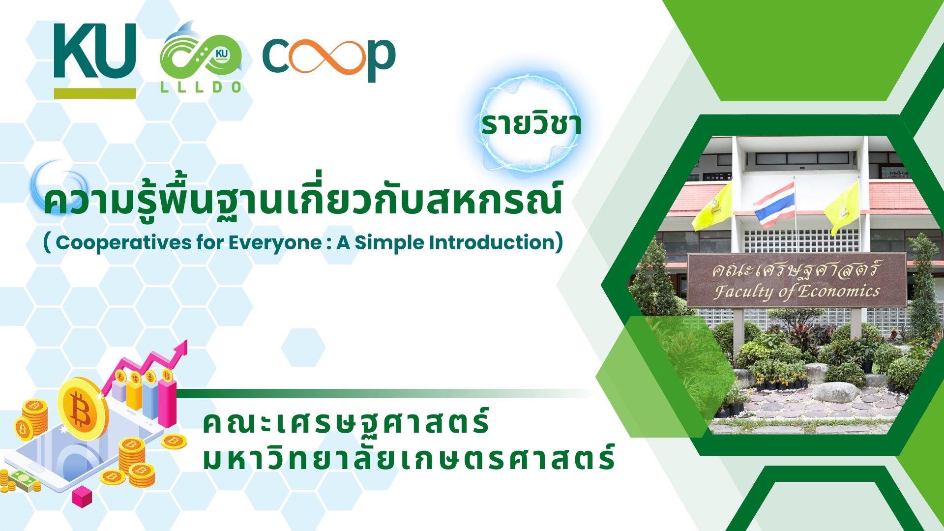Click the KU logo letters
point(94,52)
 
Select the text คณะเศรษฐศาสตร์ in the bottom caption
point(346,423)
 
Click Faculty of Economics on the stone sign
point(796,291)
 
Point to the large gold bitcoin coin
point(83,408)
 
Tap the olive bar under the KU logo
point(95,93)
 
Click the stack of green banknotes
point(24,479)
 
